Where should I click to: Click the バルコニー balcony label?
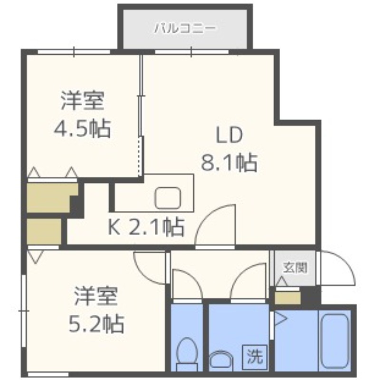coord(185,28)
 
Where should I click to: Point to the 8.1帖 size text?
coord(229,163)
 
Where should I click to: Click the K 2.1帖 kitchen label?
coord(146,229)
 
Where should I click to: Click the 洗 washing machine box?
coord(255,355)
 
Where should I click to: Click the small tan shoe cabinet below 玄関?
coord(288,298)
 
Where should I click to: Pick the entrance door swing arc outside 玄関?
coord(338,268)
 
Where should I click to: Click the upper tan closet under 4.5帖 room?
coord(49,197)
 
